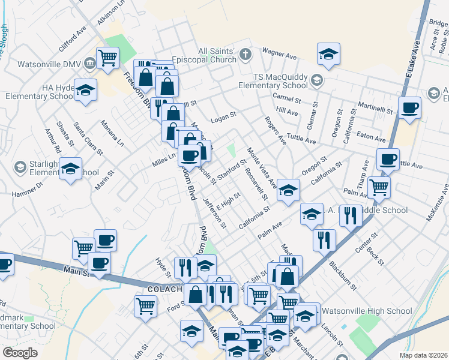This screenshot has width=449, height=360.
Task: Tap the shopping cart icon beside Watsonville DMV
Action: tap(107, 59)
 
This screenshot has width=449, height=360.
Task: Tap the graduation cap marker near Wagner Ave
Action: tap(328, 54)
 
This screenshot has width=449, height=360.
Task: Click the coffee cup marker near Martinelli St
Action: tap(409, 108)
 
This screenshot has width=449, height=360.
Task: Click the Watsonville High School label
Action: tap(367, 311)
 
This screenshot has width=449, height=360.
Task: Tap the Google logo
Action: tap(20, 353)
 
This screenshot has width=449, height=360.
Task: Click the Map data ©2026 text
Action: tap(423, 355)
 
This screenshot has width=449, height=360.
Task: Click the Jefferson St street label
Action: tap(214, 214)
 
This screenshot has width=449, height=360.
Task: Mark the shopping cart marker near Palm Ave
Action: tap(379, 188)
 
